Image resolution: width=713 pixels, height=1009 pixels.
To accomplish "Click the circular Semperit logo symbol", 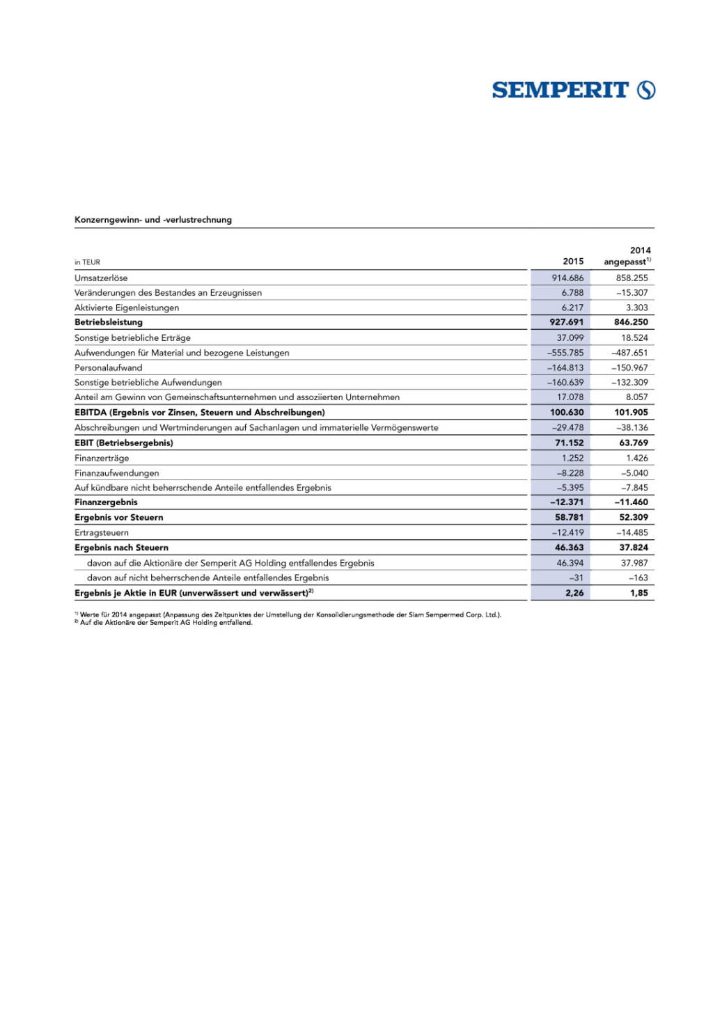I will point(646,90).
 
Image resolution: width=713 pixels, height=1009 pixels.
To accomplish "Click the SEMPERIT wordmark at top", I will point(560,90).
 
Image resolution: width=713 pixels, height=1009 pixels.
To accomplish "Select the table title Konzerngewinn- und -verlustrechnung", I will point(153,220).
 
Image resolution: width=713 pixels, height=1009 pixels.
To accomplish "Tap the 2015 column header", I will point(573,262).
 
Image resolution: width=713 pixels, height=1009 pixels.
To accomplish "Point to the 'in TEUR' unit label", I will point(87,262).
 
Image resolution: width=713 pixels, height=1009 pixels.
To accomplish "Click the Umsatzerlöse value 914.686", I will point(567,278).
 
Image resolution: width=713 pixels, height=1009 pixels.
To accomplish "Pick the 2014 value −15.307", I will point(632,293).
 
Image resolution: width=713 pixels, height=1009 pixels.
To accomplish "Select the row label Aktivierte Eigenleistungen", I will point(127,308).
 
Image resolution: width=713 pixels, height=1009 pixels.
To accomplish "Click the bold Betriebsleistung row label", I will point(109,322).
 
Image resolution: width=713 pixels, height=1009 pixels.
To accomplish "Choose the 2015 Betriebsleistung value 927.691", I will point(567,322).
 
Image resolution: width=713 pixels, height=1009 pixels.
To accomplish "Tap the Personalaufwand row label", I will point(108,367).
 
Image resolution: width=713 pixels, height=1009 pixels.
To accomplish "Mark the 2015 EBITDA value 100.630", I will point(567,412).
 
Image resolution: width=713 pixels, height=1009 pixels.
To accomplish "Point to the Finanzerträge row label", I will point(102,458).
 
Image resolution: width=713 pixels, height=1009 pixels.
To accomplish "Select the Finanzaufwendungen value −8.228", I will point(570,473).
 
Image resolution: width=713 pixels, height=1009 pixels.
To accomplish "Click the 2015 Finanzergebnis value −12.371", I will point(567,502).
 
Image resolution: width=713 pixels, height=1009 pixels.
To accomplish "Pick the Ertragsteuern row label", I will point(102,532).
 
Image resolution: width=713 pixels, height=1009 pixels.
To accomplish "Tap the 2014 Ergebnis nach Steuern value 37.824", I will point(634,548).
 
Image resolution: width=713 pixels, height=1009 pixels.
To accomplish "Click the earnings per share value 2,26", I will point(574,593).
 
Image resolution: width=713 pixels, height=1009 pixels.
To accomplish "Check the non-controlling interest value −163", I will point(638,578).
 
